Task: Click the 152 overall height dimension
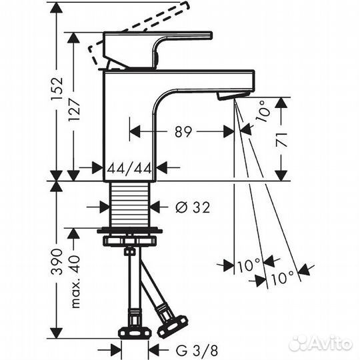[57, 89]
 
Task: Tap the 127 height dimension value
[74, 110]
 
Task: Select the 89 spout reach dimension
[183, 132]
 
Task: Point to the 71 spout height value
[281, 139]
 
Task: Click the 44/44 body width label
[130, 168]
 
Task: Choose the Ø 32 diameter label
[193, 207]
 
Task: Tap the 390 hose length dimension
[57, 261]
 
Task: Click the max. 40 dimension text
[75, 281]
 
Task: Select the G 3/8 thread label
[197, 351]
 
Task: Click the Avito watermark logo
[321, 343]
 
